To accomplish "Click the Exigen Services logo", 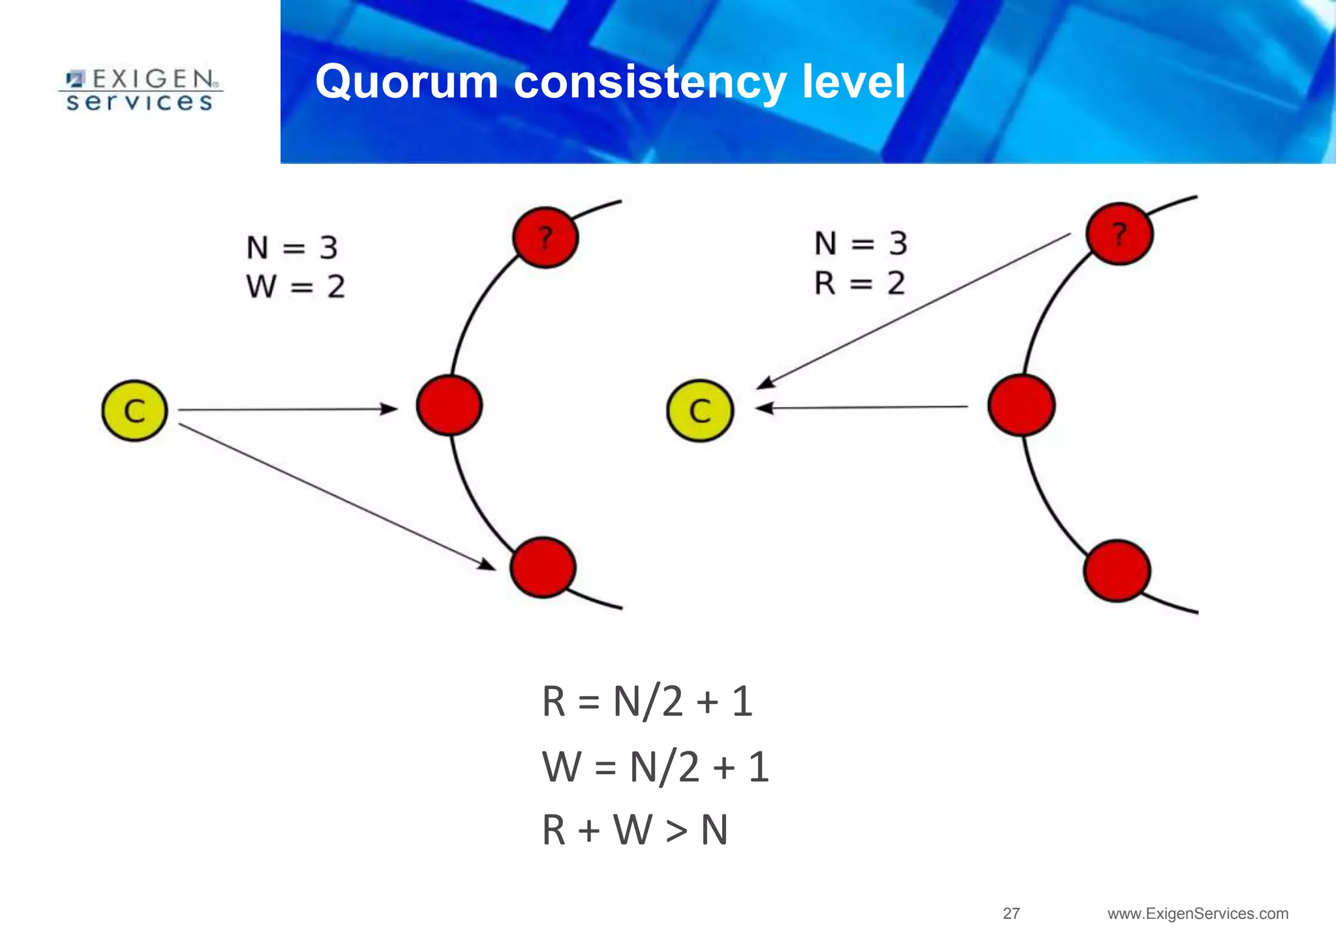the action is [140, 91].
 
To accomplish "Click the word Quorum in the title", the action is [407, 82].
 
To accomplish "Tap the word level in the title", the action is [854, 82].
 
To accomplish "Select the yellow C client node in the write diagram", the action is [135, 411].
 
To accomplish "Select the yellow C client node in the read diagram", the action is [700, 411].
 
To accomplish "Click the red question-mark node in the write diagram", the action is [545, 238].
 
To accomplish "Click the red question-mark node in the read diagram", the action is [1119, 234].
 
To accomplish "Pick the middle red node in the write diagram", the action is [449, 405].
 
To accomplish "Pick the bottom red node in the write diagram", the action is [543, 567].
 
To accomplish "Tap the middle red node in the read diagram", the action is [1021, 405].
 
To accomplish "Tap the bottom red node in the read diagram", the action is [1117, 570].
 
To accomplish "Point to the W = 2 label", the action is [296, 287].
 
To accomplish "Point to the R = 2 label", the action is [860, 283].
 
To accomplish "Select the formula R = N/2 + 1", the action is [647, 702].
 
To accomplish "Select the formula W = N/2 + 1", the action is [656, 767].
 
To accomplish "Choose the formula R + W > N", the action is [635, 830].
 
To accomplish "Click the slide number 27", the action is [1011, 914].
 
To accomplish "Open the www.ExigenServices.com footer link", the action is [1198, 914].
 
